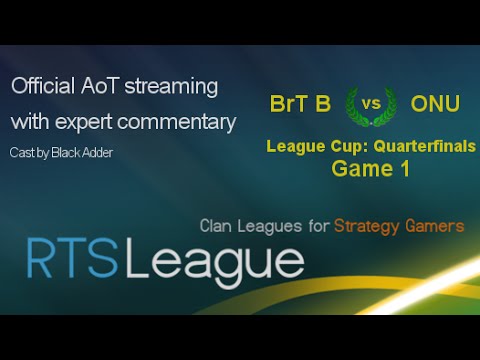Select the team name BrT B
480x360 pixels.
tap(299, 104)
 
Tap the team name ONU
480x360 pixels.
tap(435, 104)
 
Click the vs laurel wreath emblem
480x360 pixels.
tap(367, 104)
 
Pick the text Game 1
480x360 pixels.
tap(371, 169)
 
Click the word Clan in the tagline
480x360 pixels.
tap(217, 226)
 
